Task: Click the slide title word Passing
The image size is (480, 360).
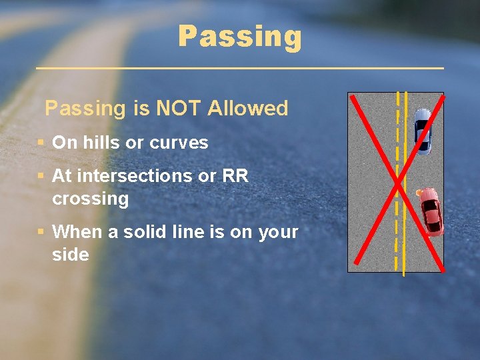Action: [240, 37]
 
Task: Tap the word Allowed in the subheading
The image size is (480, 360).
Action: [248, 108]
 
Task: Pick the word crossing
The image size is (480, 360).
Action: [90, 199]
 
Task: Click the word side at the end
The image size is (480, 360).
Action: [71, 255]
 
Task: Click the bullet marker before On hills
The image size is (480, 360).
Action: [41, 143]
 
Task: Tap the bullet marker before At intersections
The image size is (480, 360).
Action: [41, 176]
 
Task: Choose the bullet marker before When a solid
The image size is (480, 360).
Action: [41, 232]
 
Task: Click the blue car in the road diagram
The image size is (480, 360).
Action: [423, 131]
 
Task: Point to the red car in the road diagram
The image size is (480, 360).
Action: [431, 211]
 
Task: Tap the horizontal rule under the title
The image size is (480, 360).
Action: [240, 68]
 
